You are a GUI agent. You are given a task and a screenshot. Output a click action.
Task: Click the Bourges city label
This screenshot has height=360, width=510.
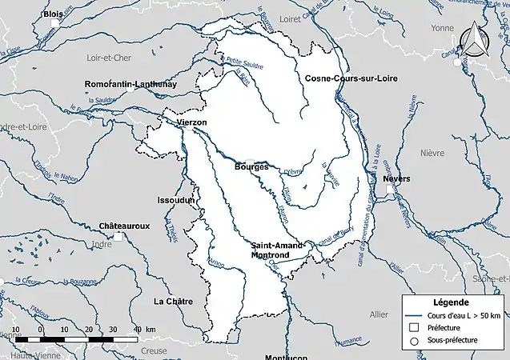pos(251,166)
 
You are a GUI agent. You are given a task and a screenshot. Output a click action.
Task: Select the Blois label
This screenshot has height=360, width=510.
pos(54,14)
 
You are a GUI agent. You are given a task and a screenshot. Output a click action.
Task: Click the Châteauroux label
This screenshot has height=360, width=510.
pos(124,226)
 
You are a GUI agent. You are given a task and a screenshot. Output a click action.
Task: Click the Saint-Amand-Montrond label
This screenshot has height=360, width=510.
pos(277,250)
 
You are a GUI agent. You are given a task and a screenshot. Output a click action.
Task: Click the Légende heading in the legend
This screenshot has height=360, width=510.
pos(451,303)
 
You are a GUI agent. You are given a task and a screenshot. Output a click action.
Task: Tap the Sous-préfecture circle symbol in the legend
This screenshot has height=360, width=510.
pos(413,341)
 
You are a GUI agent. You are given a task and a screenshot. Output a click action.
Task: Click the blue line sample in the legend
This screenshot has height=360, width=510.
pos(414,315)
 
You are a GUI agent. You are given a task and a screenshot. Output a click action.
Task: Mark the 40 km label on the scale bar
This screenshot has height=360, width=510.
pos(144,330)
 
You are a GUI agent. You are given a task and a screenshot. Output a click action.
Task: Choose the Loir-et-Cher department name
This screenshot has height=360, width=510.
pos(109,58)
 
